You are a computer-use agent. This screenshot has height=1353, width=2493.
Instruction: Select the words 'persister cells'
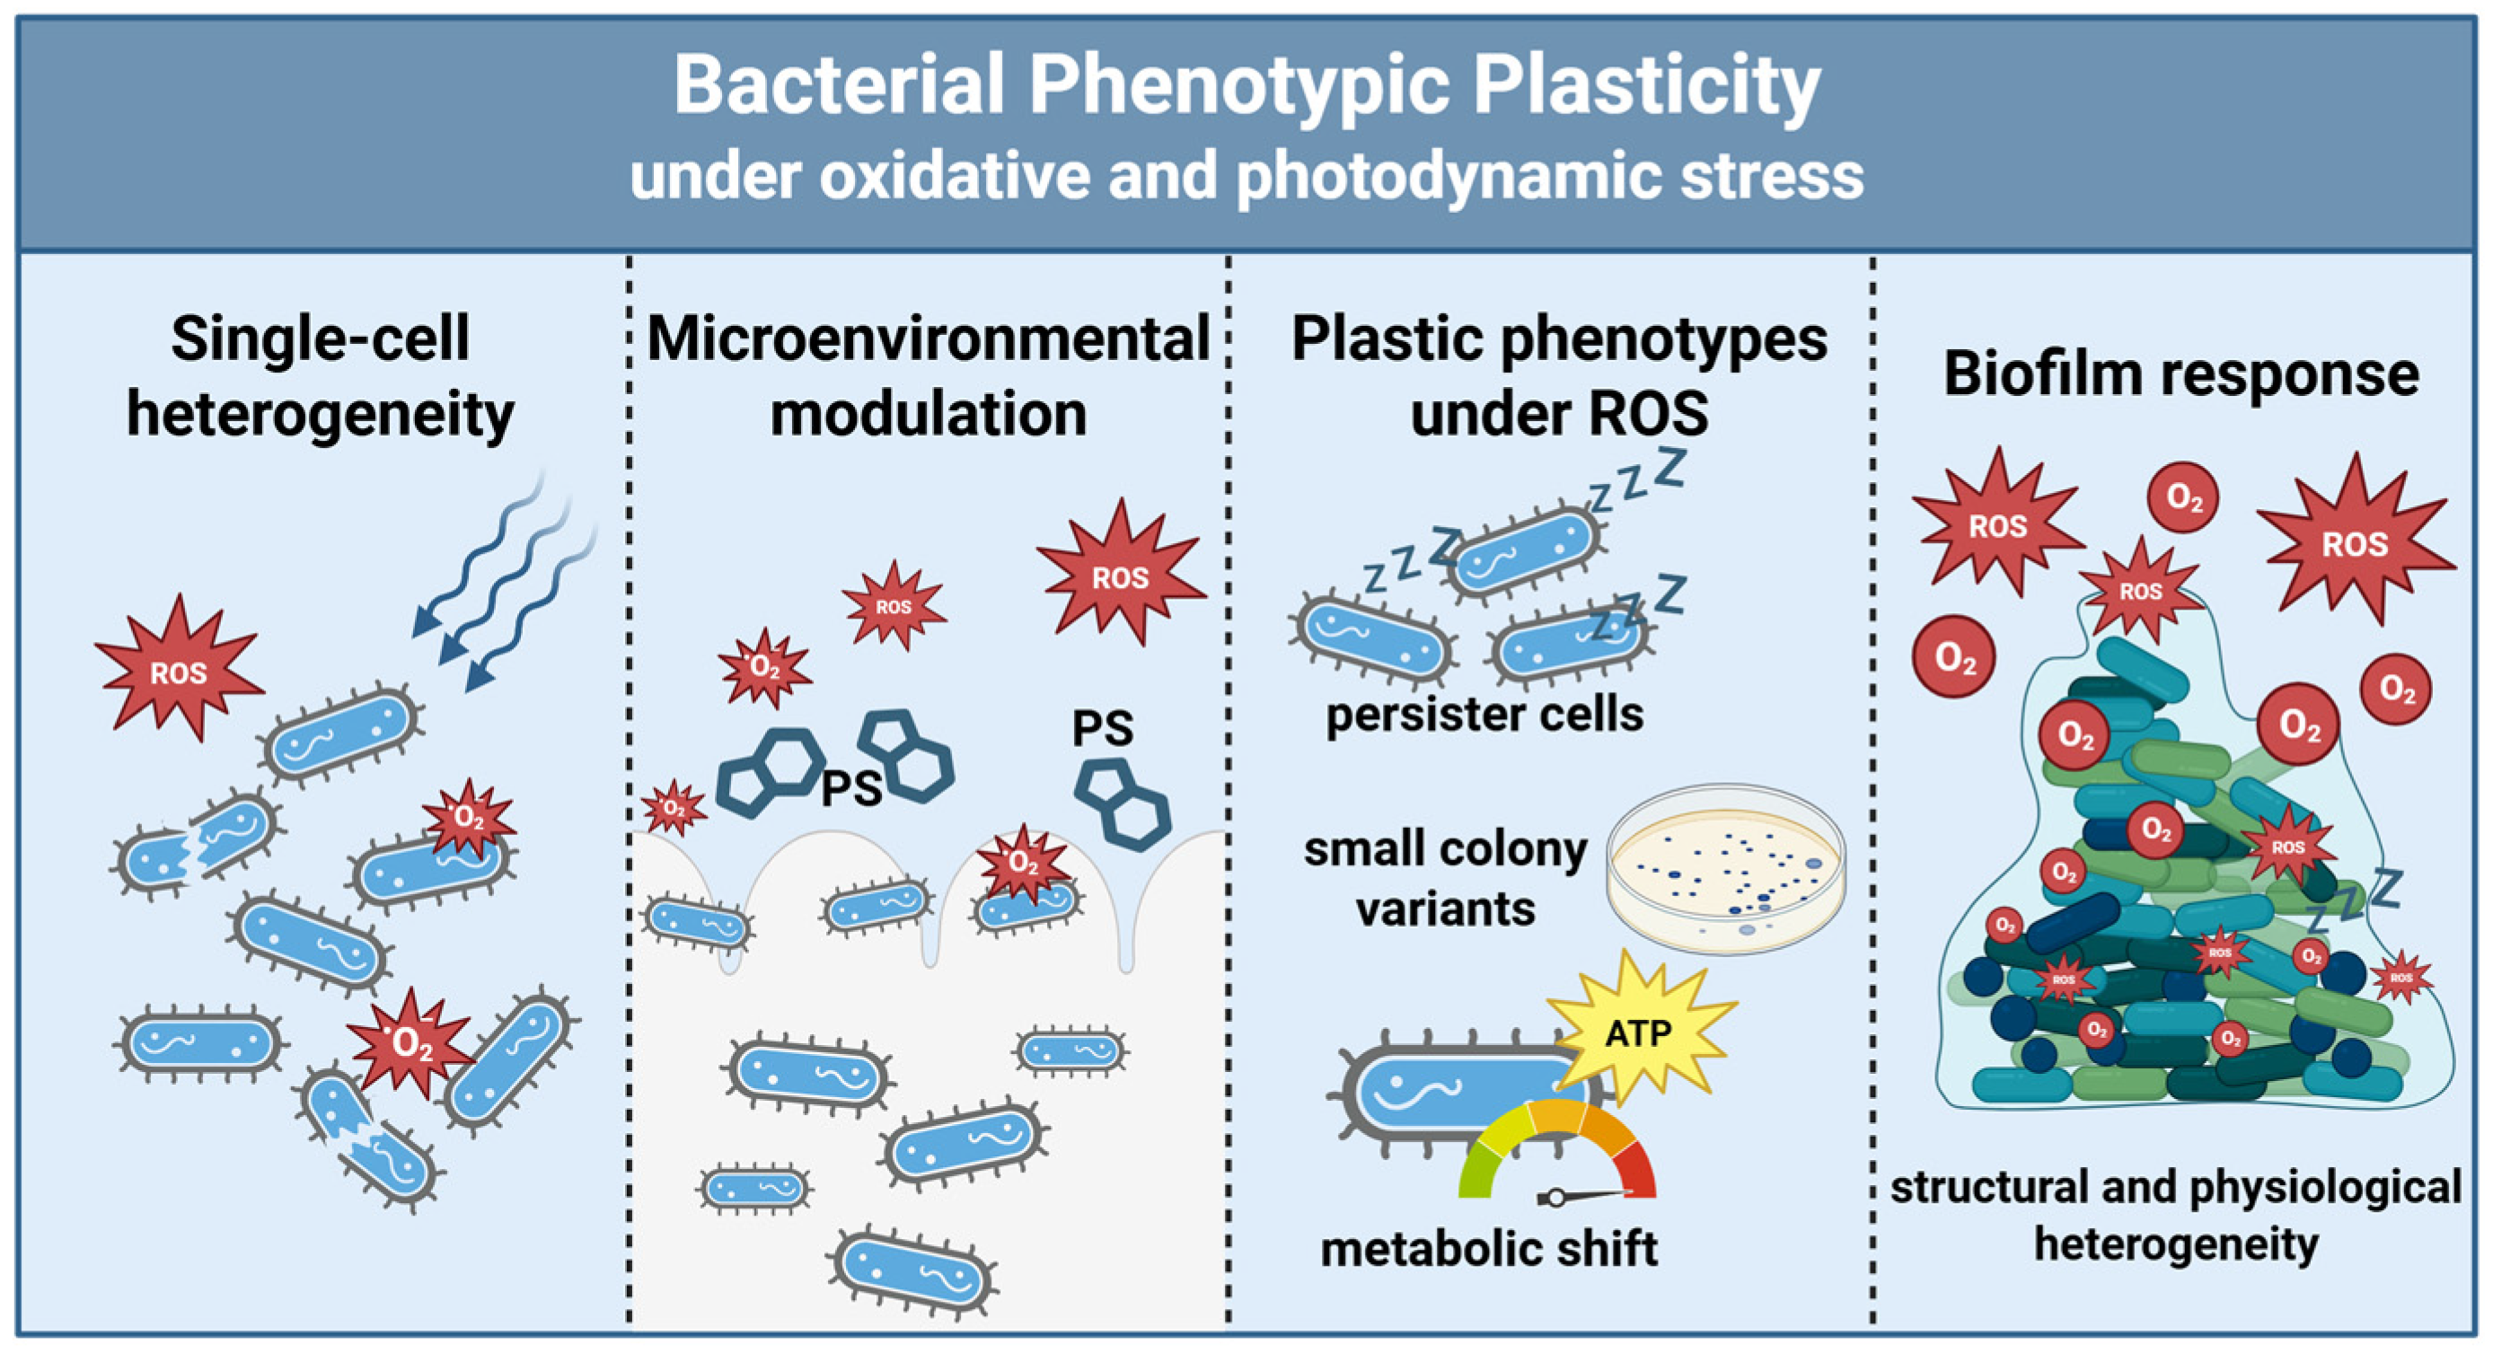click(1484, 716)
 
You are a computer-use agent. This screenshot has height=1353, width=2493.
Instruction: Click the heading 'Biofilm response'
click(2181, 374)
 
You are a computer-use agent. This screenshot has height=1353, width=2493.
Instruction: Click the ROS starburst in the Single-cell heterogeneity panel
click(178, 672)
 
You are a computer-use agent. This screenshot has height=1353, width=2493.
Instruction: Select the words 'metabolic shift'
click(1488, 1249)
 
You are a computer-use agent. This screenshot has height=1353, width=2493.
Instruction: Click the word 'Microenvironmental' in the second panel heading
click(928, 338)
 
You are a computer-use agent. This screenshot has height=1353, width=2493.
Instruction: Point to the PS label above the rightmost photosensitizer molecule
click(1102, 729)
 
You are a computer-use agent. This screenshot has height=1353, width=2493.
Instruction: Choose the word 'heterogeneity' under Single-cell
click(321, 414)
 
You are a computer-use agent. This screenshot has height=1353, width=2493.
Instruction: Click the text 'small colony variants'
click(1446, 879)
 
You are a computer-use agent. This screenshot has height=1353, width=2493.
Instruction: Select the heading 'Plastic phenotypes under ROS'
click(1559, 375)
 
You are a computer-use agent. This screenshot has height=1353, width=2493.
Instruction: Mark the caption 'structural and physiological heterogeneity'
click(2176, 1215)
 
